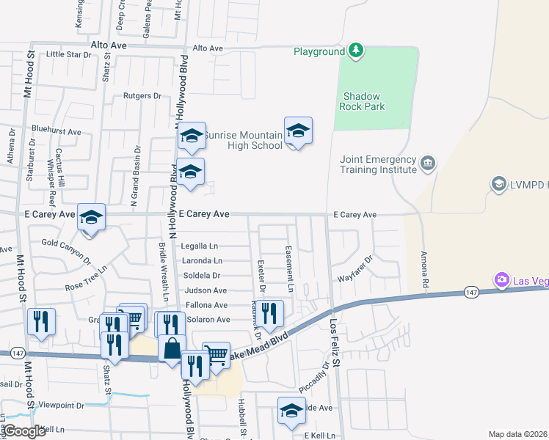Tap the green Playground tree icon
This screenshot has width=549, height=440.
356,50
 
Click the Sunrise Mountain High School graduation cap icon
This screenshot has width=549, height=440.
298,131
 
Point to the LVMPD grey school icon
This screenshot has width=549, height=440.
499,183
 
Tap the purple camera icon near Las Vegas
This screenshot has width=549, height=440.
502,279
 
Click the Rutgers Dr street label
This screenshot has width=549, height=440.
142,96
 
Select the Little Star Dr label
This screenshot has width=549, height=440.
68,54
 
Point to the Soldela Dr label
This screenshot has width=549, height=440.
203,276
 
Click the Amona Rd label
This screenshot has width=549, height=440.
424,268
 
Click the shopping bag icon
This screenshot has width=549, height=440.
172,350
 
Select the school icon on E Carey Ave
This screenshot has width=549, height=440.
91,218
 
